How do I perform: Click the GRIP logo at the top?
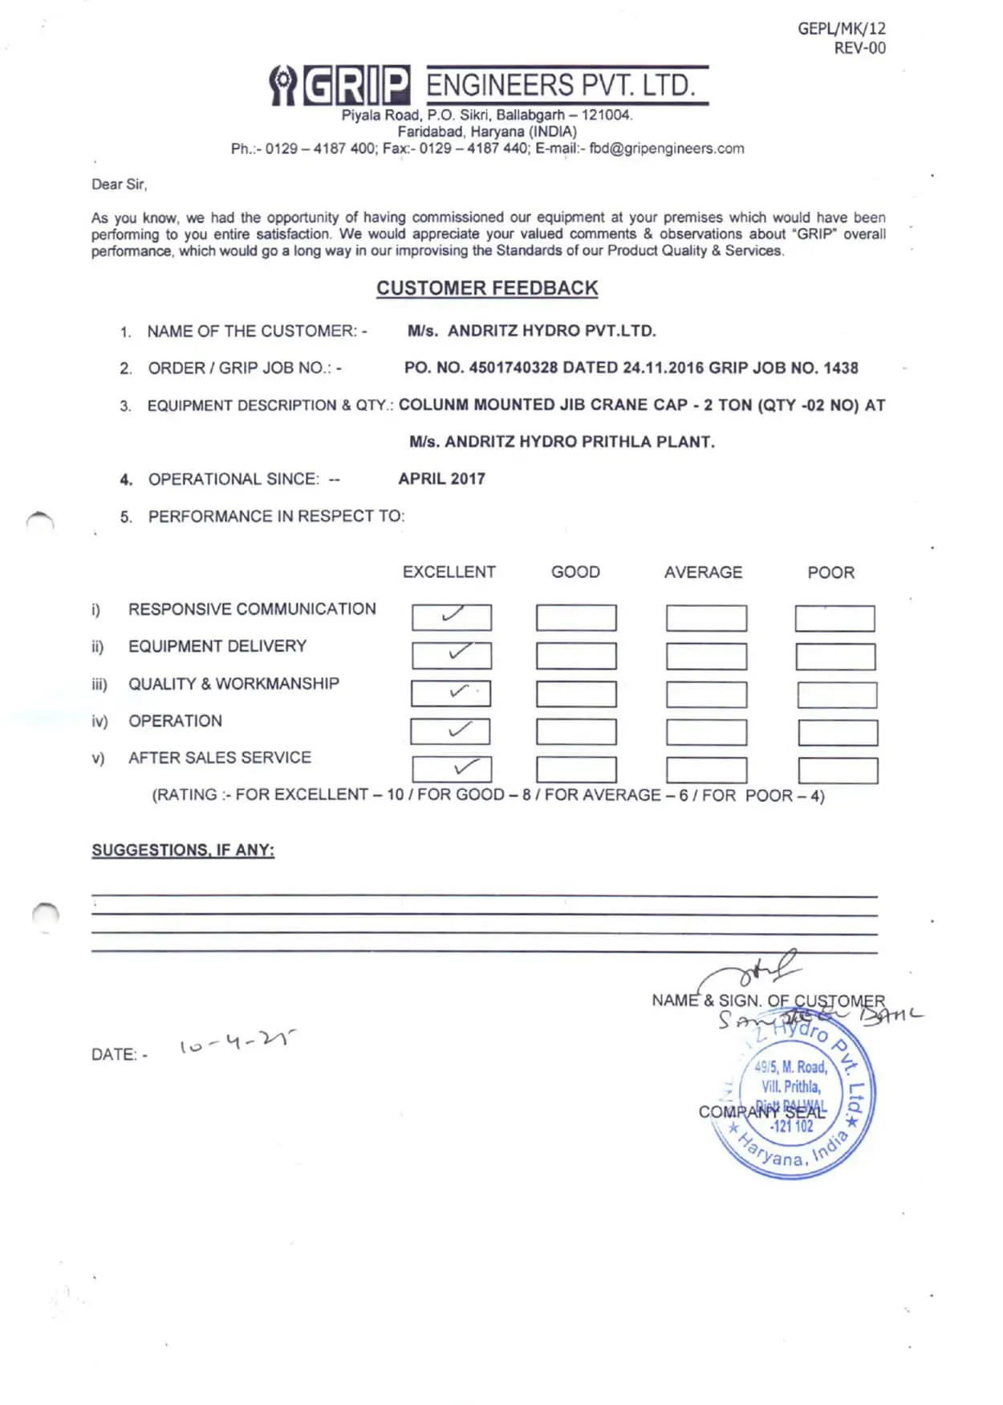tap(339, 85)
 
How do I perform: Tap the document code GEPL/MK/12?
tap(841, 29)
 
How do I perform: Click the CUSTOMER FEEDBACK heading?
tap(487, 288)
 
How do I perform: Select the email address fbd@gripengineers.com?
tap(666, 149)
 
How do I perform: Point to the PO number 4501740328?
tap(513, 368)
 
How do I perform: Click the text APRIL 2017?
tap(441, 479)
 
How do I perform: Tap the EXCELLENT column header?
tap(449, 572)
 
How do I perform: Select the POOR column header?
tap(830, 572)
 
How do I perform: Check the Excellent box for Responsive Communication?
tap(451, 617)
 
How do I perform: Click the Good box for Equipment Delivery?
tap(576, 656)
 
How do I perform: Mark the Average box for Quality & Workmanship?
tap(706, 694)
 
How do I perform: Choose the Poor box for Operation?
tap(837, 732)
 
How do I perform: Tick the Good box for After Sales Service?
tap(576, 770)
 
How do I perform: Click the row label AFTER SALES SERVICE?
tap(219, 758)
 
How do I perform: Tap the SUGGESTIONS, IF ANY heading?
tap(183, 850)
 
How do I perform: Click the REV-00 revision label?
tap(859, 48)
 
